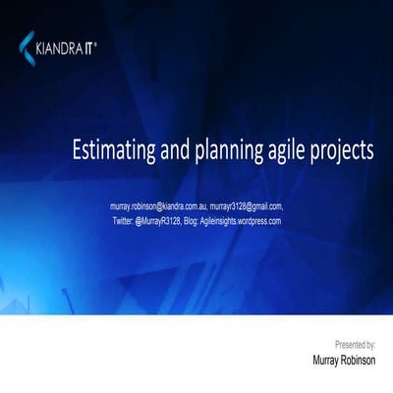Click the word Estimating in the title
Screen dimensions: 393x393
click(111, 151)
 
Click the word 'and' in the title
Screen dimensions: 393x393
click(163, 151)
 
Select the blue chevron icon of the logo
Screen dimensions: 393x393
click(27, 43)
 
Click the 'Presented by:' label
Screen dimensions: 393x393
click(355, 345)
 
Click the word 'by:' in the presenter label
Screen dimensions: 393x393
click(369, 345)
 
